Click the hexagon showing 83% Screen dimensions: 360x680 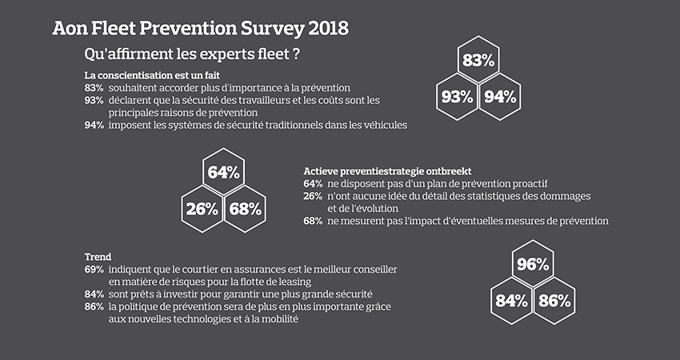point(478,60)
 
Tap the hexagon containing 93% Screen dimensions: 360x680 point(457,97)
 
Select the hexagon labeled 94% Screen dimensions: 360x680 point(499,97)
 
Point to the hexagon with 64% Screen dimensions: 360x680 point(223,172)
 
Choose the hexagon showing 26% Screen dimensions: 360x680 point(202,210)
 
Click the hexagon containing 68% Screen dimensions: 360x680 point(245,210)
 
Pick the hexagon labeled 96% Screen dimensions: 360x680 point(532,264)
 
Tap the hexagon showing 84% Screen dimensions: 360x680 point(511,301)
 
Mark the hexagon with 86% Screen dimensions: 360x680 point(554,301)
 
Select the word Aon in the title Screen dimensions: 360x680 point(69,30)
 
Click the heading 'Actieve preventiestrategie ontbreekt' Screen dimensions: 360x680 point(387,171)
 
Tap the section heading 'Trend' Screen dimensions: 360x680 point(98,257)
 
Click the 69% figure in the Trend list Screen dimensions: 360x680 point(94,270)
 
